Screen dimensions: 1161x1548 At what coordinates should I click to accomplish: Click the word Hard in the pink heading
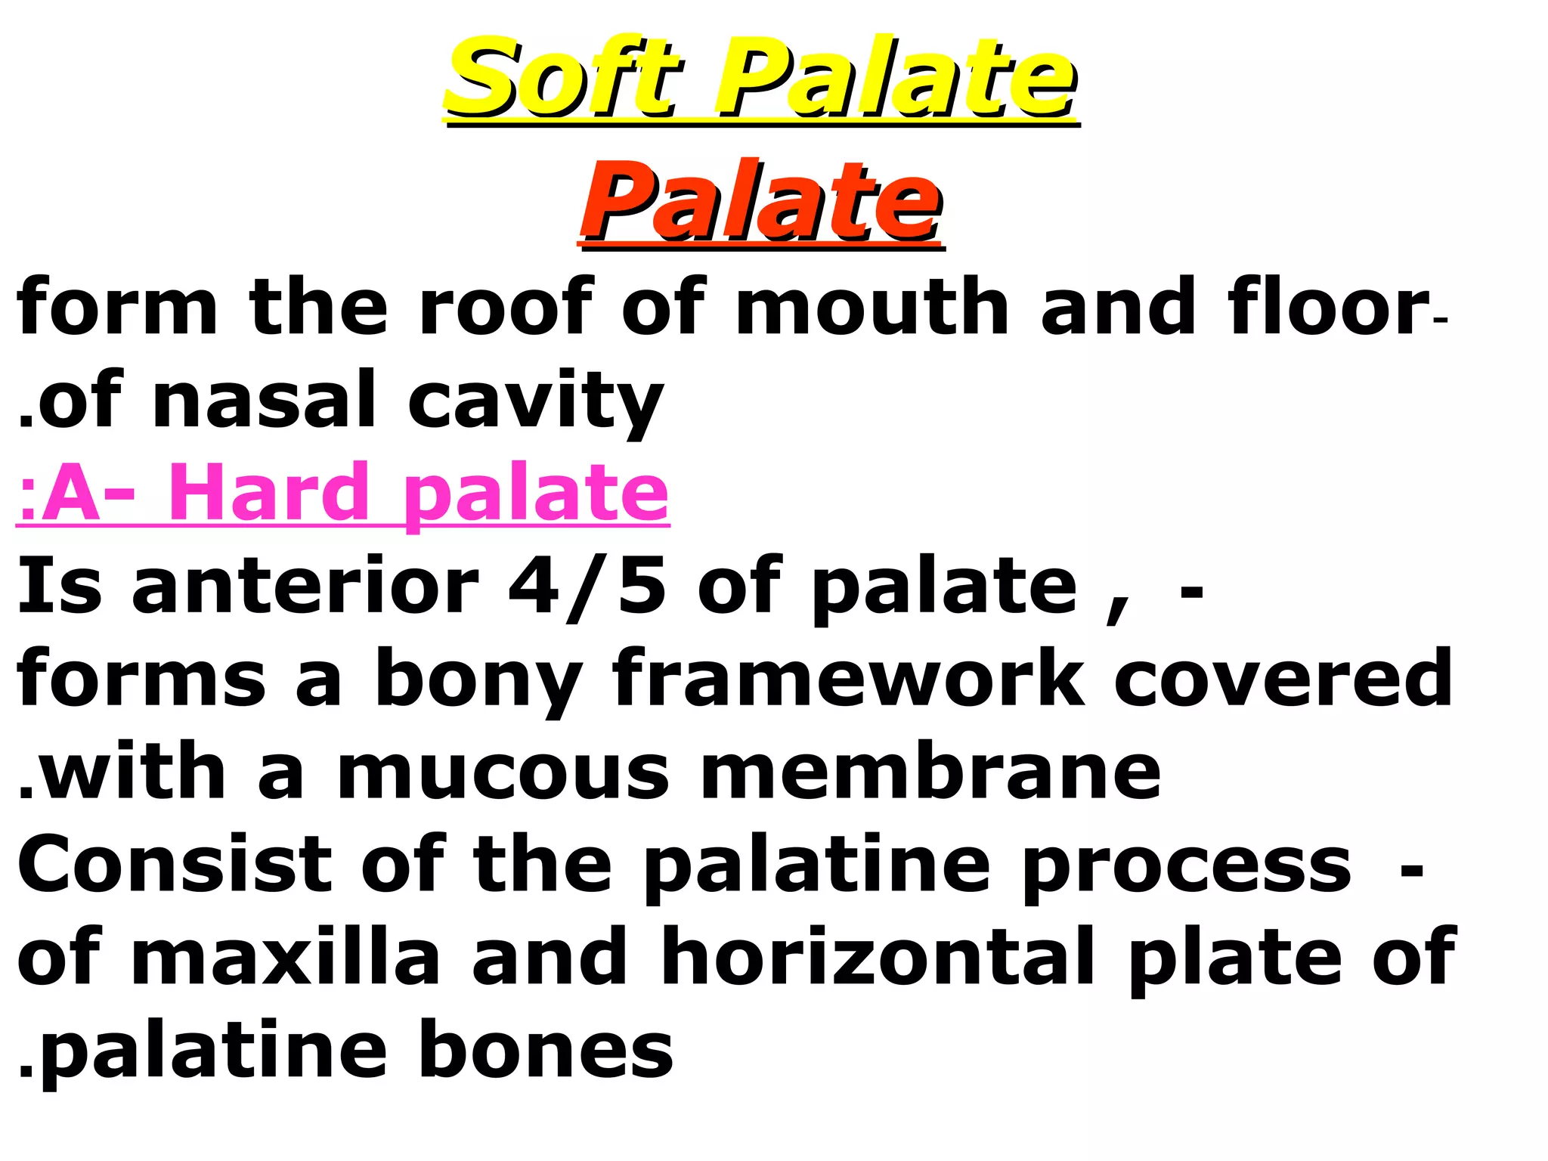pos(268,492)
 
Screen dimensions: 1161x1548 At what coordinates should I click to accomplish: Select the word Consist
pos(175,865)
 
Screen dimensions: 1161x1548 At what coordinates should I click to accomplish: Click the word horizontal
pos(878,958)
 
